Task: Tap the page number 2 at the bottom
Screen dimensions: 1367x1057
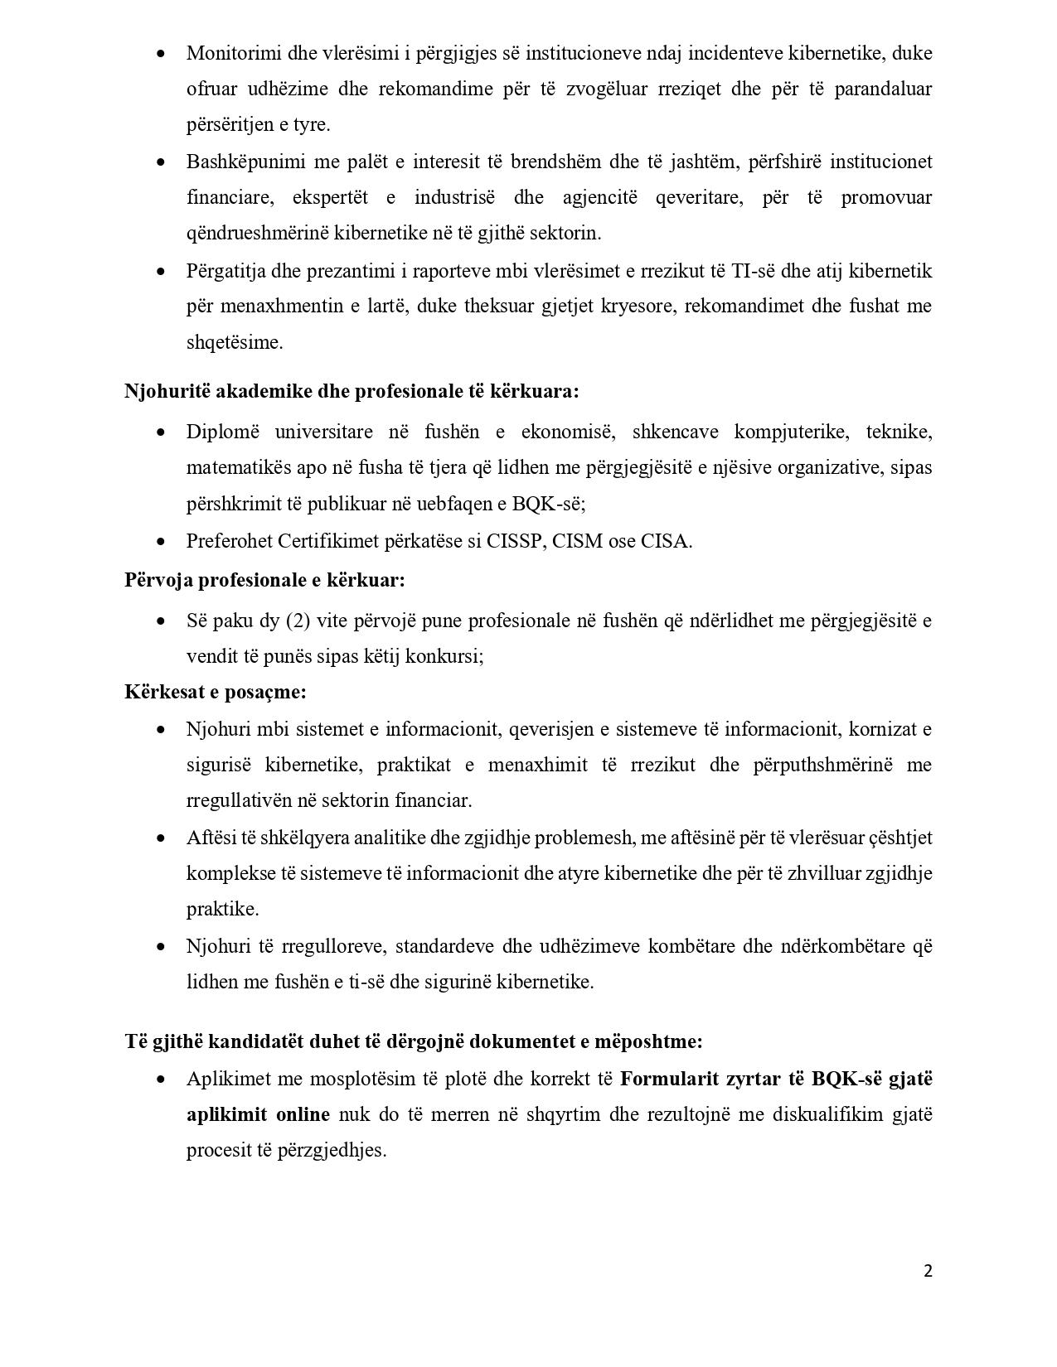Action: point(928,1272)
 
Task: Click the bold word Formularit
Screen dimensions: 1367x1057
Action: point(669,1079)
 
